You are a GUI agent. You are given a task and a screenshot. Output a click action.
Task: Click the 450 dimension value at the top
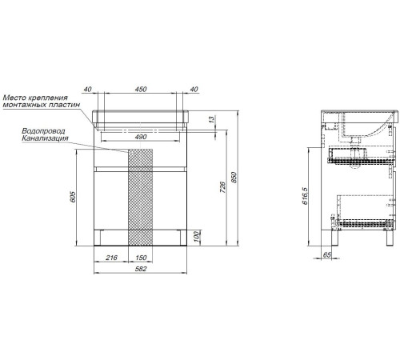(x=141, y=90)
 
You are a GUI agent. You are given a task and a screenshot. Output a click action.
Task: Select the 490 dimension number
(x=141, y=137)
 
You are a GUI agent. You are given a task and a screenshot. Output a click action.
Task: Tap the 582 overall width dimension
(x=141, y=269)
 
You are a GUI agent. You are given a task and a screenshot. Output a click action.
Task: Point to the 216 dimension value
(x=111, y=258)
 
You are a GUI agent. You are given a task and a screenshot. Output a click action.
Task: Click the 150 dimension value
(x=141, y=258)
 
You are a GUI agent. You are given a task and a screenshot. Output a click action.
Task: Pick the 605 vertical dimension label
(x=73, y=197)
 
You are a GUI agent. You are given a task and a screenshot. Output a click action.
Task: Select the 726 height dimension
(x=222, y=187)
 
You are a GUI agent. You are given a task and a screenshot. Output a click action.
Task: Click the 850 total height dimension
(x=234, y=178)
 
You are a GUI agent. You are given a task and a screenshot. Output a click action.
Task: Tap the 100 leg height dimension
(x=197, y=237)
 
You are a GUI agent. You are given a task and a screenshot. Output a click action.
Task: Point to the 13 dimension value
(x=211, y=119)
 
